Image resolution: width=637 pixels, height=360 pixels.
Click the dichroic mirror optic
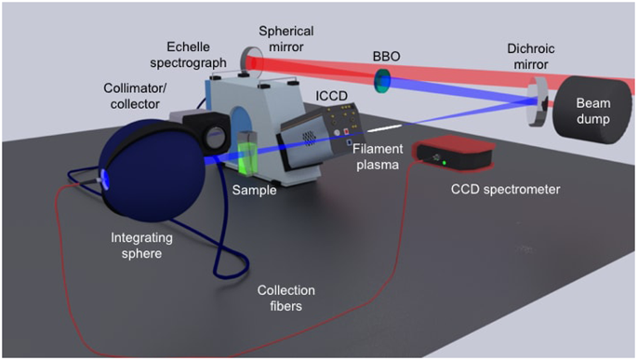(x=536, y=97)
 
